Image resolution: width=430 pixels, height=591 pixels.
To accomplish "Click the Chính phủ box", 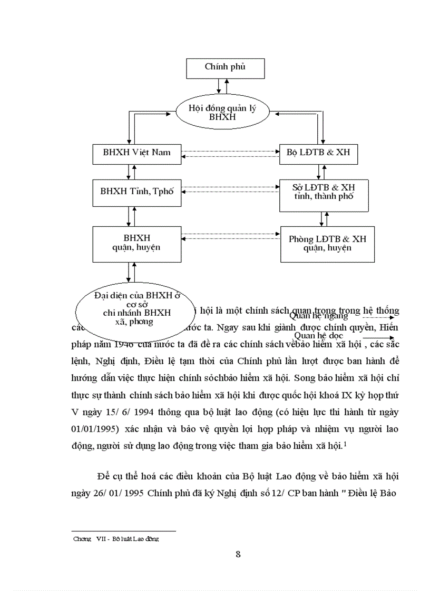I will [225, 68].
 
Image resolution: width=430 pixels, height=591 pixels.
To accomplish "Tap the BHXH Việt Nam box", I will [136, 153].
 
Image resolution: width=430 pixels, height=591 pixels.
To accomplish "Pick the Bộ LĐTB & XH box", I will [318, 153].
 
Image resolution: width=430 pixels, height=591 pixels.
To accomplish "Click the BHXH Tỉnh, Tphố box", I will [136, 192].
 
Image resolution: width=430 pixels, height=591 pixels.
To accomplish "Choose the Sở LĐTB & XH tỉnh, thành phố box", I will [324, 193].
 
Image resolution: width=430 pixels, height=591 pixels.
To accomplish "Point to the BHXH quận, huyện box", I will [136, 244].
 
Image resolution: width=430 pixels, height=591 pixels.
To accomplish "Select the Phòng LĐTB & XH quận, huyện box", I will [327, 244].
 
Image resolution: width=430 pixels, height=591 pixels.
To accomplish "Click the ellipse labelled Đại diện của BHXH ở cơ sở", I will [136, 308].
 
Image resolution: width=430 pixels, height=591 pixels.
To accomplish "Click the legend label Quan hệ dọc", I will [319, 336].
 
